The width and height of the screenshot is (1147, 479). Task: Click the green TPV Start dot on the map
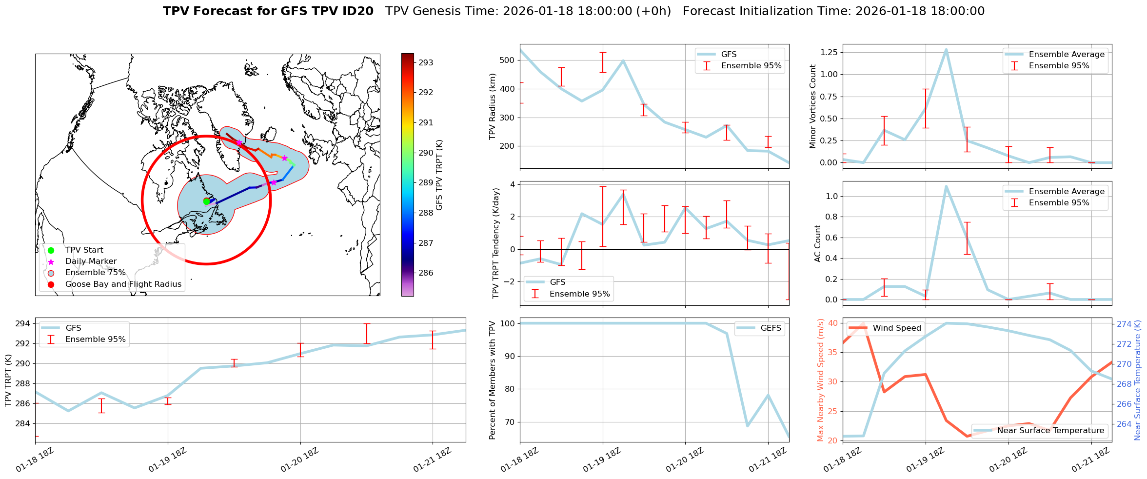click(x=206, y=201)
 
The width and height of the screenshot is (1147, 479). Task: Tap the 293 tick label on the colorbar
click(x=426, y=62)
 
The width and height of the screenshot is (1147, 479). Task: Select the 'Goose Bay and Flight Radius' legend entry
click(x=123, y=284)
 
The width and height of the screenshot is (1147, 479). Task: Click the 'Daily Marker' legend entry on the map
click(x=91, y=261)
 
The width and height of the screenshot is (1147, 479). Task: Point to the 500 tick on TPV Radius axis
click(x=508, y=60)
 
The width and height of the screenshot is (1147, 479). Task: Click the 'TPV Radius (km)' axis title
click(x=493, y=106)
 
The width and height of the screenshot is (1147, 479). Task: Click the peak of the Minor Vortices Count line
click(x=946, y=49)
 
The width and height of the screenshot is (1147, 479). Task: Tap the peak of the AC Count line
click(x=946, y=186)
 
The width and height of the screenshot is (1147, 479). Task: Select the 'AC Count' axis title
click(x=818, y=243)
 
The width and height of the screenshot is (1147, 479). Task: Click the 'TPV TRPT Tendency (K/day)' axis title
click(x=496, y=243)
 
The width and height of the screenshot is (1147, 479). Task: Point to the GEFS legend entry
click(x=771, y=328)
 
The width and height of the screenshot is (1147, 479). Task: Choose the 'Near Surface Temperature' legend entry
click(x=1050, y=431)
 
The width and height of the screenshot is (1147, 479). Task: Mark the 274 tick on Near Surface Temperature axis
click(x=1124, y=324)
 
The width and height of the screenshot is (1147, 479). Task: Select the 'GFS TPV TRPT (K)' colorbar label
click(x=439, y=175)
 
